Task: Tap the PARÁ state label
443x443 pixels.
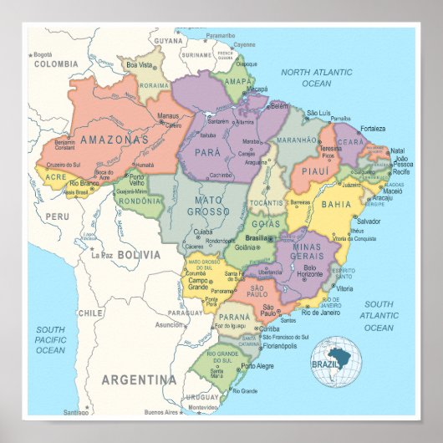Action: coord(207,153)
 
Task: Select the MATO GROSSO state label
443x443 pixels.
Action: coord(208,206)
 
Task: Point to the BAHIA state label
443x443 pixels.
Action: coord(336,204)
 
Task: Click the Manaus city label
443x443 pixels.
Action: coord(168,117)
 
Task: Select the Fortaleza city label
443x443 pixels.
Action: coord(374,129)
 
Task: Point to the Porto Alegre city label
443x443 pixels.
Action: coord(257,366)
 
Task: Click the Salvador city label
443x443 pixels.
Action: coord(368,221)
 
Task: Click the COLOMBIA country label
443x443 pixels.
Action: coord(55,63)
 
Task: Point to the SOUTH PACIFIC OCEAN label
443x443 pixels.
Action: coord(50,339)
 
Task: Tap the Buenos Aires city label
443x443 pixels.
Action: coord(164,412)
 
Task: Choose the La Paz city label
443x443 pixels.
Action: coord(102,254)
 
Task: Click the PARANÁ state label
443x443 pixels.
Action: coord(234,318)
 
